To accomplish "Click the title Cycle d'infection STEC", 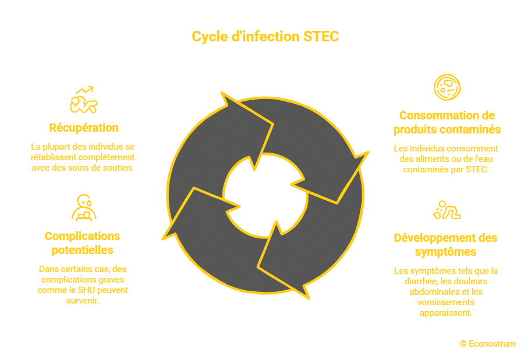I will tap(265, 37).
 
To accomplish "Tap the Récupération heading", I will tap(84, 128).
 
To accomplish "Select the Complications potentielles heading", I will tap(82, 243).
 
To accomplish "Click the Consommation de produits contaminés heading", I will tap(447, 122).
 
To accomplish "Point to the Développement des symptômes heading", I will tap(445, 245).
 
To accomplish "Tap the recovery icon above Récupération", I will tap(84, 100).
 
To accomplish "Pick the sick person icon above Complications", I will tap(83, 208).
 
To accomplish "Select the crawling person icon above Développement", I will tap(447, 210).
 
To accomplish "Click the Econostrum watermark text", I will tap(492, 344).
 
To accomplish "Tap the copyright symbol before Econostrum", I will tap(463, 344).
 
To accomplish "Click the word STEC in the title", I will tap(321, 37).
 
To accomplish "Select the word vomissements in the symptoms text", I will tap(445, 302).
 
